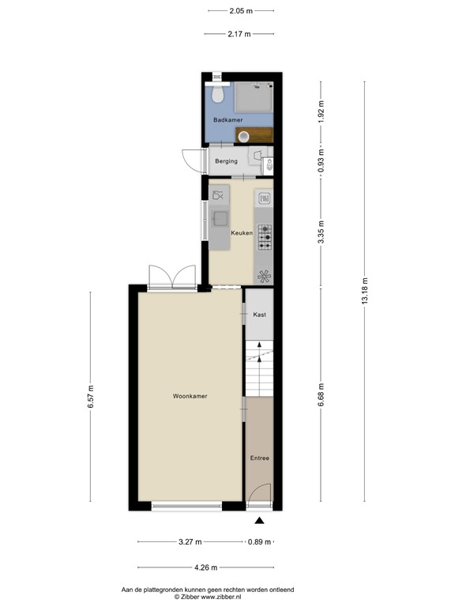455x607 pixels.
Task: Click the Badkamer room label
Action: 227,119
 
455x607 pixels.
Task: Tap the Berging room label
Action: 226,161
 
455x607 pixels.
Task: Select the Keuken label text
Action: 241,233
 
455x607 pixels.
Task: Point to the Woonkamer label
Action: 190,396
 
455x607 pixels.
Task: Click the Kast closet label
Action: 259,315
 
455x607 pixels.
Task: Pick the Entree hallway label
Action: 260,458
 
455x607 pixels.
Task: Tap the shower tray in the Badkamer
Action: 255,96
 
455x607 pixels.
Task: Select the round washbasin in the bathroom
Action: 244,136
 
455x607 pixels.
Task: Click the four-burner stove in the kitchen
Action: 265,232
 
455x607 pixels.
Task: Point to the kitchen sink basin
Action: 219,219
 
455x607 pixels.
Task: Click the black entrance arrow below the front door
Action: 259,520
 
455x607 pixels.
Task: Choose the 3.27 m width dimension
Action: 190,542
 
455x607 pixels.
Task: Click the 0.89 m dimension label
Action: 259,542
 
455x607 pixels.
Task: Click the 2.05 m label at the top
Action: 241,11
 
